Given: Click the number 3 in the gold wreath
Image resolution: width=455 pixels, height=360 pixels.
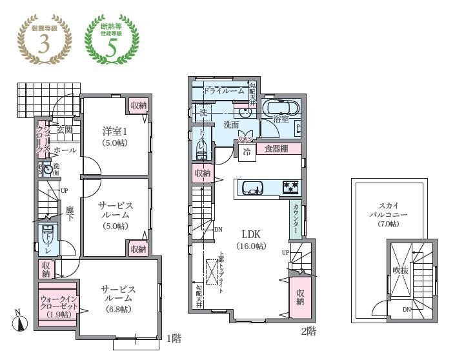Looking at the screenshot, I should (x=45, y=45).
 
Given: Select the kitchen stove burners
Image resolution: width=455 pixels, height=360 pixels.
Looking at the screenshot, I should (x=290, y=188).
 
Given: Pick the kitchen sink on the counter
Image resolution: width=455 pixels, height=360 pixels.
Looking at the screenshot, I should (x=252, y=188).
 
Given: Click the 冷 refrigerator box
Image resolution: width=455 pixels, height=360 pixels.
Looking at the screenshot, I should (x=246, y=152).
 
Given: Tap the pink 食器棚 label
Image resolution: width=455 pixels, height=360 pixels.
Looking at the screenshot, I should (x=278, y=149).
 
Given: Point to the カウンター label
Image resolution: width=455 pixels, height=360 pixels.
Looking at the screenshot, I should (x=295, y=219).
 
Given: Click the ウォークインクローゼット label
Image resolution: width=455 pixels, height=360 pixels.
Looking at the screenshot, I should (x=59, y=305).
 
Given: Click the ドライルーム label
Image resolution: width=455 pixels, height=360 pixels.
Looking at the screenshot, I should (x=224, y=91).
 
